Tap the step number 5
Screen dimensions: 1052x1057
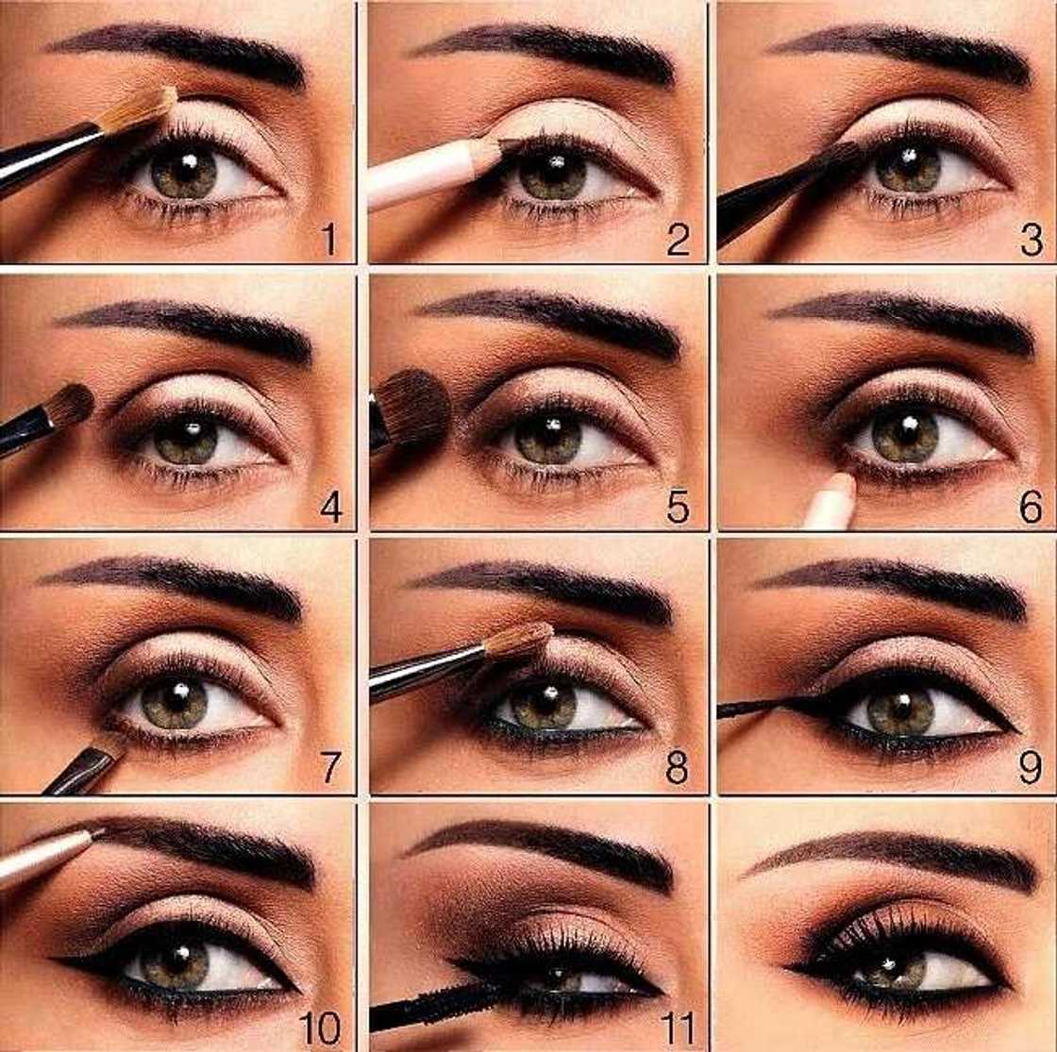pos(677,508)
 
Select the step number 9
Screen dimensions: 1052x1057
pos(1029,769)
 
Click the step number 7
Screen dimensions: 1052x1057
pos(327,768)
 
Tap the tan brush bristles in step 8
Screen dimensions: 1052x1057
pos(519,641)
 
